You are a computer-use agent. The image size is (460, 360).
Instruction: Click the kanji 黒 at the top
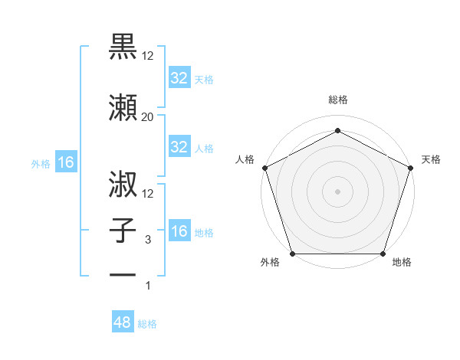pyautogui.click(x=123, y=47)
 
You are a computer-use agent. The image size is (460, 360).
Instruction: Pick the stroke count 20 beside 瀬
pyautogui.click(x=148, y=116)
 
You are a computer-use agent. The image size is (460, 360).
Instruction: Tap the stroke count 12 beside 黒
pyautogui.click(x=148, y=56)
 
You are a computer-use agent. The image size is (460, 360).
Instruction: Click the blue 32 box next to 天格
pyautogui.click(x=179, y=78)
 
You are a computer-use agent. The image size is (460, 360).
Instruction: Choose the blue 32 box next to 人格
pyautogui.click(x=179, y=147)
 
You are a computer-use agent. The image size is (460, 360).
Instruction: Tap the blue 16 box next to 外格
pyautogui.click(x=65, y=162)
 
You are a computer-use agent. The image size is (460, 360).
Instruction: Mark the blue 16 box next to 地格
pyautogui.click(x=179, y=231)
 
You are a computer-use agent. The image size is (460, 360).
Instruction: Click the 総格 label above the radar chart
pyautogui.click(x=338, y=100)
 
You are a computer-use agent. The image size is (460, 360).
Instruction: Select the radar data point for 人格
pyautogui.click(x=264, y=167)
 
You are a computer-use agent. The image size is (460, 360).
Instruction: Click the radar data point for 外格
pyautogui.click(x=293, y=254)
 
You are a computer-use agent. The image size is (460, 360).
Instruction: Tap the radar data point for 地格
pyautogui.click(x=383, y=254)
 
